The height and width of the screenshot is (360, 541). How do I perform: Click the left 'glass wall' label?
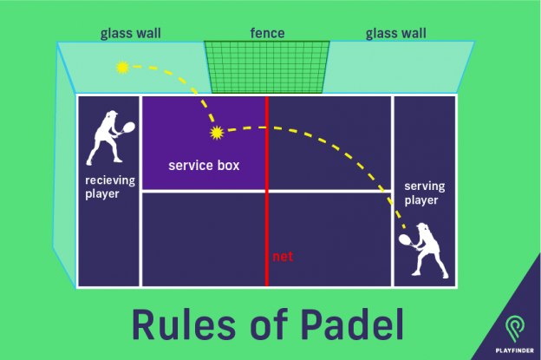(x=130, y=34)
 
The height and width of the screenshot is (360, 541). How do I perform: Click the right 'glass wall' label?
(x=395, y=34)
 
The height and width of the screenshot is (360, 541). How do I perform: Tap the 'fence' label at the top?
(x=267, y=34)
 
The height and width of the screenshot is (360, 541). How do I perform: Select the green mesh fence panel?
(x=267, y=67)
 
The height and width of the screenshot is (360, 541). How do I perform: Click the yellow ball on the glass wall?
(x=122, y=67)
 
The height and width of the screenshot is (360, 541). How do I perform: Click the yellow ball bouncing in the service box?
(x=216, y=133)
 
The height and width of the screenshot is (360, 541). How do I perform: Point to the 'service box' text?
(x=204, y=165)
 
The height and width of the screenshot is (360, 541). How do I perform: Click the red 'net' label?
(x=282, y=257)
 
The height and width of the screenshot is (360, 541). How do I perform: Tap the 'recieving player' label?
(x=108, y=187)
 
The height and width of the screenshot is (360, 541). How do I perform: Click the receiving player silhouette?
(x=103, y=138)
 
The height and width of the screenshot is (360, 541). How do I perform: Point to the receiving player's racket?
(x=128, y=128)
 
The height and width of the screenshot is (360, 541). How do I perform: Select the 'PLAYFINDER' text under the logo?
(x=517, y=350)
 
